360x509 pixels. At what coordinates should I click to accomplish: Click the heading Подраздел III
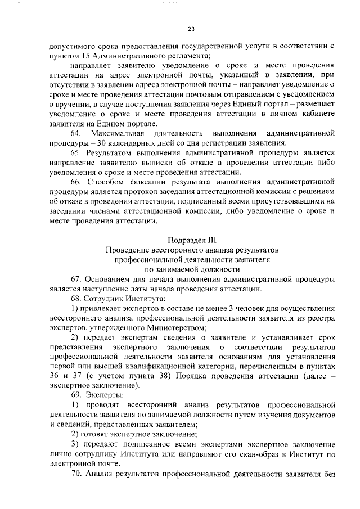[193, 239]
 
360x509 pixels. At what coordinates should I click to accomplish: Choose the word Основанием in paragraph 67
[111, 279]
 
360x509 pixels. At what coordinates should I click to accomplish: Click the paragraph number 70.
[76, 475]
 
